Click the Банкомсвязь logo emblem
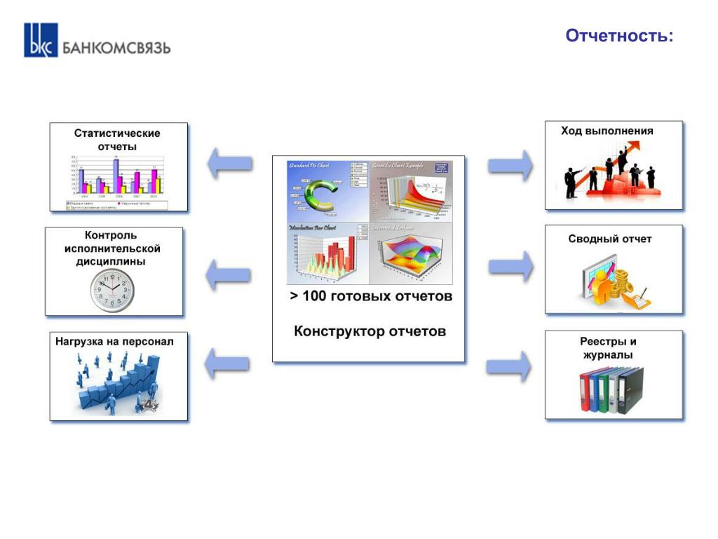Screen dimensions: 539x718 [41, 40]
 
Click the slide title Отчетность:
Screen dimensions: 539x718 [619, 36]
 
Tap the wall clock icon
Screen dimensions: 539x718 [111, 290]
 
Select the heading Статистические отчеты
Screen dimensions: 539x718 [117, 140]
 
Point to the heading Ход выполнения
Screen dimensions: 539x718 [607, 131]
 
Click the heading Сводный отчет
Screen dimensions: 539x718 [610, 239]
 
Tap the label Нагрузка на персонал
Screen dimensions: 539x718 [114, 341]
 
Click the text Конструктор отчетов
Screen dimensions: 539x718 [369, 331]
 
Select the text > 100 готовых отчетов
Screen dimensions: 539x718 [371, 296]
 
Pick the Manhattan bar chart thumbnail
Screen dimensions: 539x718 [327, 254]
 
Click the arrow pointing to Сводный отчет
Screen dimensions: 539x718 [510, 267]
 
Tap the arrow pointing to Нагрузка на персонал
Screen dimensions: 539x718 [226, 363]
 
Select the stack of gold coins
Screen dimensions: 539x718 [621, 285]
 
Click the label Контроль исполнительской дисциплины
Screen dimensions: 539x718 [112, 248]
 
